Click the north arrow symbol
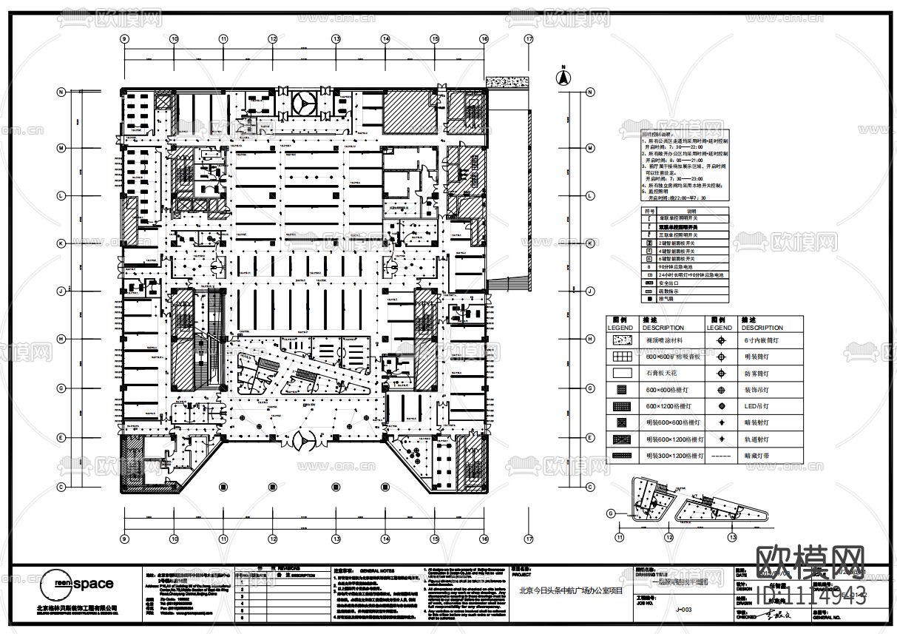[562, 75]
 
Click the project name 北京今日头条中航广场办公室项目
[571, 591]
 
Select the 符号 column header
[649, 210]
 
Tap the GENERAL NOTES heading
[377, 572]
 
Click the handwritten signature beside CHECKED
[773, 614]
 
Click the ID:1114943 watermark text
[810, 596]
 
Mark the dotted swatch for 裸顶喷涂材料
[621, 340]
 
